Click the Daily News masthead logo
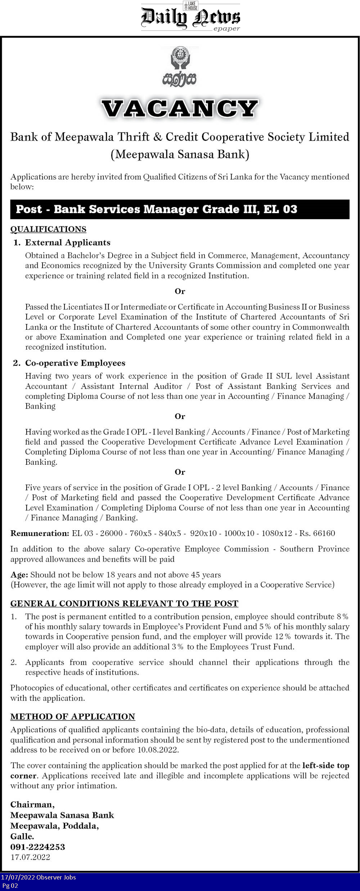point(190,17)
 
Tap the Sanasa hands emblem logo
point(180,67)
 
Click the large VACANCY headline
point(180,109)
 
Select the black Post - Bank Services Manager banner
point(180,209)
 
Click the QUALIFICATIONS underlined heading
point(48,229)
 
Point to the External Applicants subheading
point(68,243)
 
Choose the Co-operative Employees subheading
point(75,363)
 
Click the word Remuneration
point(40,533)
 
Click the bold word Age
point(19,575)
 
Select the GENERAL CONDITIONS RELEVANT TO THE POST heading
point(124,603)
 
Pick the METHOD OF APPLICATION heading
point(73,716)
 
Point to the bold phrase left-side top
point(326,765)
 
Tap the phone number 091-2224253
point(38,847)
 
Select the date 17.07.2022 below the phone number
point(30,857)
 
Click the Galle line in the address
point(22,836)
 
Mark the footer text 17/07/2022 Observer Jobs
point(39,877)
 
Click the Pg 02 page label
point(10,886)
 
